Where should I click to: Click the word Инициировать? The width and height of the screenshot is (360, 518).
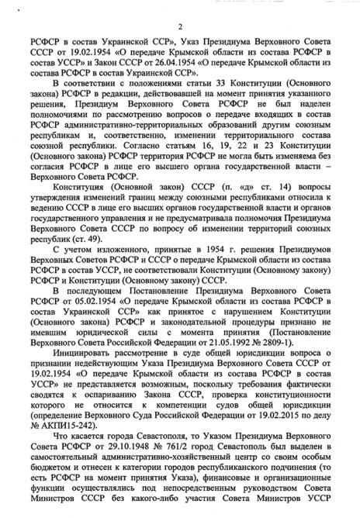[85, 343]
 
